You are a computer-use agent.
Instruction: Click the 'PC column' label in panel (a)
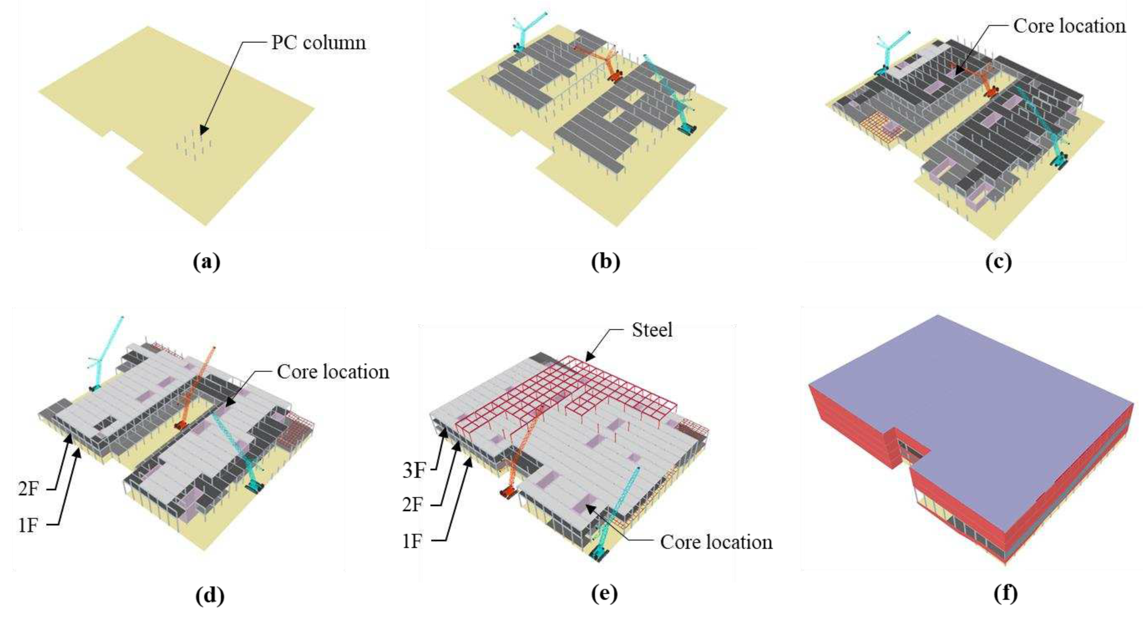coord(319,43)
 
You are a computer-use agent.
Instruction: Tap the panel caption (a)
coord(207,262)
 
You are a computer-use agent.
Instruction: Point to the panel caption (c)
coord(998,262)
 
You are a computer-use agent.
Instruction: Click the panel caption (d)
coord(210,596)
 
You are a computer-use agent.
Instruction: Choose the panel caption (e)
coord(604,594)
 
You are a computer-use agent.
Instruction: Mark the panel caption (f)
coord(1005,594)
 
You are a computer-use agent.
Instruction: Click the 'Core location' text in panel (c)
coord(1069,26)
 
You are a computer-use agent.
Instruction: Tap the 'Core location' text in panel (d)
coord(333,372)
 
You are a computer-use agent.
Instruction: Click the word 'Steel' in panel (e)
coord(652,330)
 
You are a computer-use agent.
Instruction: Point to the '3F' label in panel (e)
coord(413,470)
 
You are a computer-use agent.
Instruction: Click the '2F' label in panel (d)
coord(29,489)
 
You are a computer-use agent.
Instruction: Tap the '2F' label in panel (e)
coord(413,505)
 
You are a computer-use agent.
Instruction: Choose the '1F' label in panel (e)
coord(412,542)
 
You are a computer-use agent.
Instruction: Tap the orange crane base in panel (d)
coord(181,425)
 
